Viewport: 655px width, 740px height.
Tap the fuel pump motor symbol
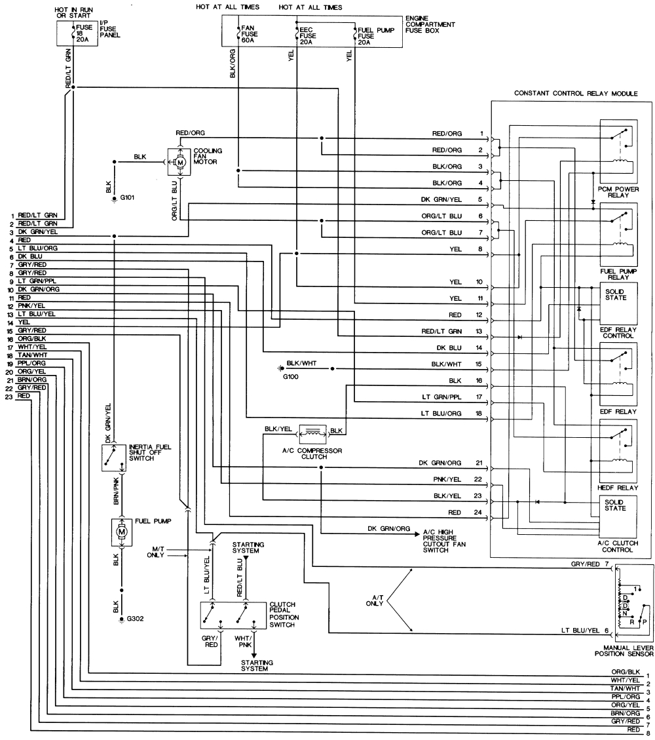121,532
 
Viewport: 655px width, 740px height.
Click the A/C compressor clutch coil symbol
312,431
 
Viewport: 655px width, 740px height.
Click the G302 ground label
135,618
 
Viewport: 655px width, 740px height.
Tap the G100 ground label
290,378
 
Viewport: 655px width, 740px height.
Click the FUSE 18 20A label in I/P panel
84,33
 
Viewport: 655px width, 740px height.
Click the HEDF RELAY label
618,487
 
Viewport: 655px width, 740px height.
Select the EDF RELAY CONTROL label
618,331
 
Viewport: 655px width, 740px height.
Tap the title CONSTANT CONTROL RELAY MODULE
576,94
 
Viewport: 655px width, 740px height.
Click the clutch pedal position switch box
233,615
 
